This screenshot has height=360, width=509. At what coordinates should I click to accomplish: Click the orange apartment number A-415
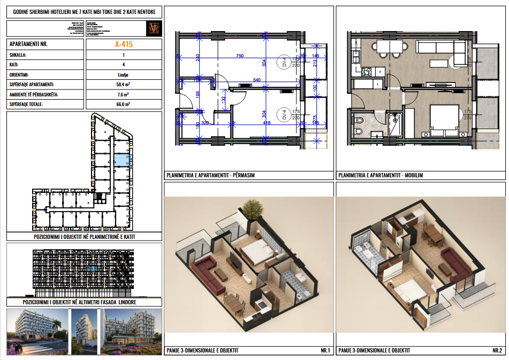coord(123,44)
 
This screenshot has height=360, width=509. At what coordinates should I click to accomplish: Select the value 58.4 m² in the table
coord(123,85)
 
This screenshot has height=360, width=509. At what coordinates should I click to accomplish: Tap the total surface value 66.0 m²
coord(123,104)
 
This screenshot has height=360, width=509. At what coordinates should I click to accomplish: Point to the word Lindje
coord(123,75)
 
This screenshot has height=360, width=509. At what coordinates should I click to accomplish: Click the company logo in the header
coord(154,28)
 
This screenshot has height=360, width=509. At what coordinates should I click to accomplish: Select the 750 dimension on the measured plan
coord(240,56)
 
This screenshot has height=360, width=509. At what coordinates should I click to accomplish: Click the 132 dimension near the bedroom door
coord(223,98)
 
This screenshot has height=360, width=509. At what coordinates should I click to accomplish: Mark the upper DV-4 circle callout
coord(285,63)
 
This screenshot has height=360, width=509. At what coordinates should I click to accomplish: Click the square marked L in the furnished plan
coord(378,84)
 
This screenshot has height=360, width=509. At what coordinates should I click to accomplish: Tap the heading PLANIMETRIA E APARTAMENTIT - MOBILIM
coord(381,175)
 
